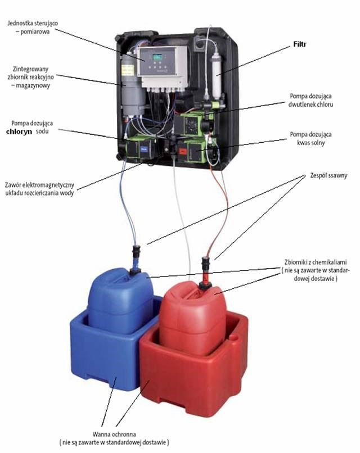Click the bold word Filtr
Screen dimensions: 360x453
pyautogui.click(x=300, y=44)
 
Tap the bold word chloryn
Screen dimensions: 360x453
pyautogui.click(x=19, y=132)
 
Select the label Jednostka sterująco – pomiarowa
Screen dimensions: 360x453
pyautogui.click(x=33, y=27)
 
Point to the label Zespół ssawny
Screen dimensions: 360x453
pyautogui.click(x=328, y=175)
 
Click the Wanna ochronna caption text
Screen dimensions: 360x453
pyautogui.click(x=114, y=438)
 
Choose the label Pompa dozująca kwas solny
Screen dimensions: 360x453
pyautogui.click(x=311, y=138)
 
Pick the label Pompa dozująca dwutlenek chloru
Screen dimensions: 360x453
pyautogui.click(x=310, y=100)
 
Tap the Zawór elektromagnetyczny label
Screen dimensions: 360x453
pyautogui.click(x=39, y=189)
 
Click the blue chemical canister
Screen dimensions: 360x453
pyautogui.click(x=120, y=301)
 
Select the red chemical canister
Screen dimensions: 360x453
pyautogui.click(x=192, y=318)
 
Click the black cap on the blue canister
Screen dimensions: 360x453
pyautogui.click(x=135, y=271)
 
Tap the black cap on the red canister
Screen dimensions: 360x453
pyautogui.click(x=205, y=286)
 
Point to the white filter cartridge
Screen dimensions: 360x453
pyautogui.click(x=217, y=76)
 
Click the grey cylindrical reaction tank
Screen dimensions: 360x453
pyautogui.click(x=133, y=86)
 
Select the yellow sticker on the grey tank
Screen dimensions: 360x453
pyautogui.click(x=128, y=70)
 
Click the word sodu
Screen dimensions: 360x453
pyautogui.click(x=42, y=132)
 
